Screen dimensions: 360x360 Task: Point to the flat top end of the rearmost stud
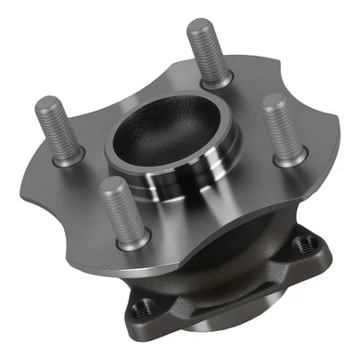[x=199, y=27]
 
